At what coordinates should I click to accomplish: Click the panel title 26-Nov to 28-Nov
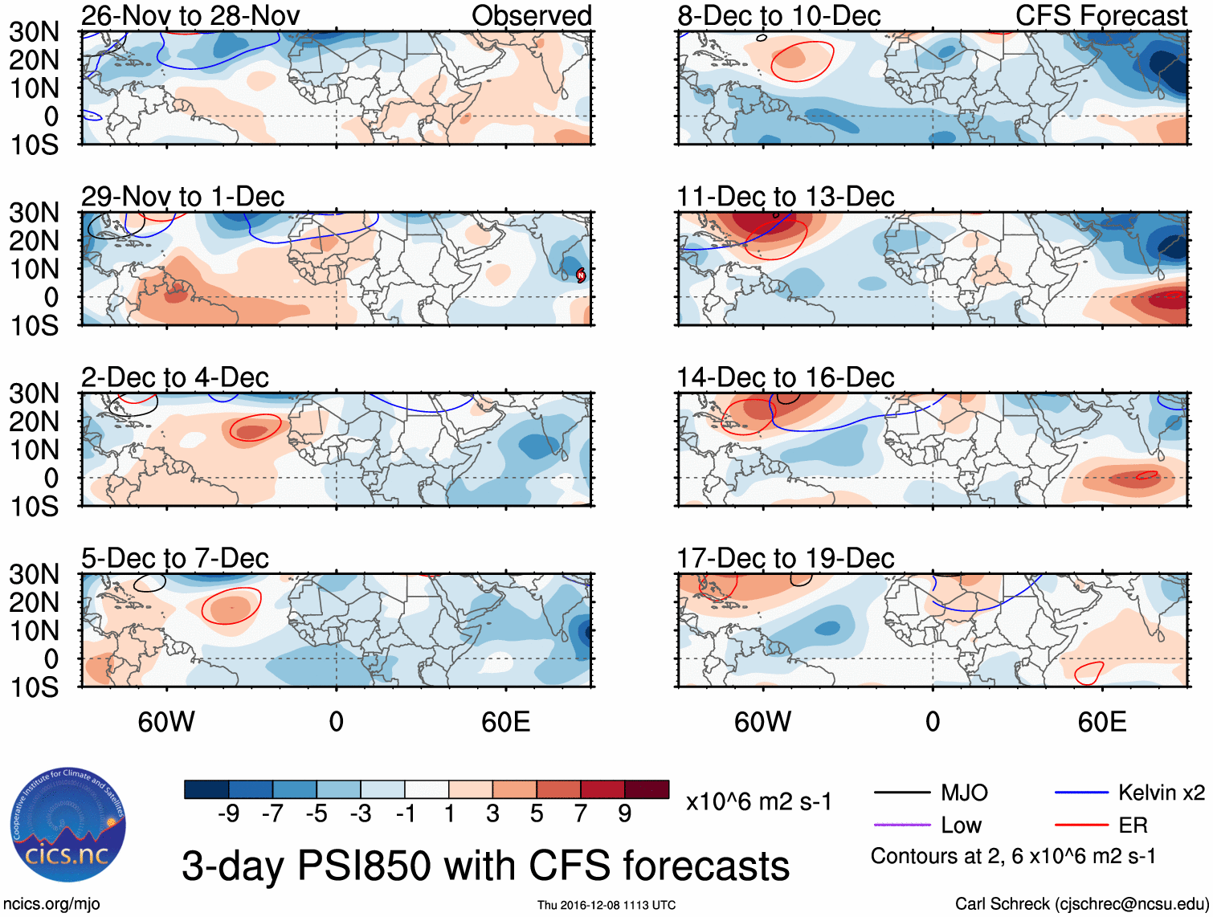point(190,15)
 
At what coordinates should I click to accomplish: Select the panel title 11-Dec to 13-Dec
point(785,197)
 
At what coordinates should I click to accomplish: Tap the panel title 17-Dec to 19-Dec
point(785,558)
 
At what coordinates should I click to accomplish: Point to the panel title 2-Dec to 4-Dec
point(174,377)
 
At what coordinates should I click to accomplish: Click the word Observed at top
point(531,15)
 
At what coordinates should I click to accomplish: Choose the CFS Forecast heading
point(1101,15)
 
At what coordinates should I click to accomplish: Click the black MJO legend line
point(901,793)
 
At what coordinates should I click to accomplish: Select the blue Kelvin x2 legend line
point(1081,793)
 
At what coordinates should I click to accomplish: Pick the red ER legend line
point(1081,825)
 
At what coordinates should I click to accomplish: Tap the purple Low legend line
point(901,825)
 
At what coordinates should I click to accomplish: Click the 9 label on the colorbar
point(625,814)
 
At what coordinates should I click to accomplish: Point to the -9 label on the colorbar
point(229,814)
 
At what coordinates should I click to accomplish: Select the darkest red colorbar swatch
point(647,789)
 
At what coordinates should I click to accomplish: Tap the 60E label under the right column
point(1101,722)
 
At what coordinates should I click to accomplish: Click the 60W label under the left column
point(166,722)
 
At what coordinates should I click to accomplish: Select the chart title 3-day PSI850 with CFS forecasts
point(485,866)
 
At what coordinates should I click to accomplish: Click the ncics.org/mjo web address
point(51,904)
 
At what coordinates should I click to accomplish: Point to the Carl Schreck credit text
point(1081,904)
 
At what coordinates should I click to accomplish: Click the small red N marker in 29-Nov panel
point(581,275)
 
